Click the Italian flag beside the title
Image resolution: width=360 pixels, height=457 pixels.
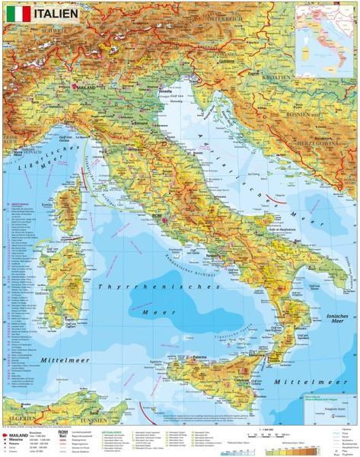[x=20, y=13]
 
